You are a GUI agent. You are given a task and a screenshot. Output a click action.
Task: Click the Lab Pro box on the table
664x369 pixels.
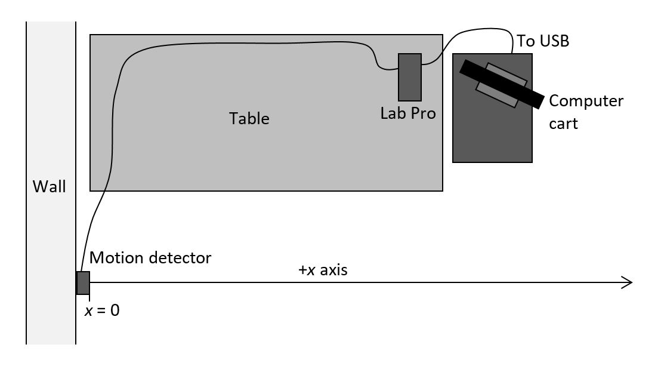pyautogui.click(x=410, y=77)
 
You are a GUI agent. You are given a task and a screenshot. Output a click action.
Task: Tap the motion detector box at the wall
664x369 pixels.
pyautogui.click(x=83, y=282)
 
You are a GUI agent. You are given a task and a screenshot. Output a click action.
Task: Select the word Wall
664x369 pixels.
pyautogui.click(x=50, y=187)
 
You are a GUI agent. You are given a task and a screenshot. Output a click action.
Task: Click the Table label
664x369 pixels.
pyautogui.click(x=249, y=118)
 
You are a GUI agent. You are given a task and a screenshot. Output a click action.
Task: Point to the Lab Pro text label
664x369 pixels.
pyautogui.click(x=408, y=113)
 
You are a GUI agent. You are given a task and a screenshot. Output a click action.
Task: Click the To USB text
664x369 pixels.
pyautogui.click(x=543, y=41)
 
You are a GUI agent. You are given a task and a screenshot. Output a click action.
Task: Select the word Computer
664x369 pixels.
pyautogui.click(x=586, y=101)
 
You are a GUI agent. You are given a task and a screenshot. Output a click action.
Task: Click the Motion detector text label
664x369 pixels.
pyautogui.click(x=150, y=258)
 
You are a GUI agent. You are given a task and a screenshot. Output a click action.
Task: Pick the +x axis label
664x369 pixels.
pyautogui.click(x=323, y=270)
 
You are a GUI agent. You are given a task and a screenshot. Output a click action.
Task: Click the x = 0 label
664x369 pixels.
pyautogui.click(x=101, y=310)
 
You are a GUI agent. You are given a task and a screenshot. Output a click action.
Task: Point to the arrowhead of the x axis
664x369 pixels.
pyautogui.click(x=628, y=282)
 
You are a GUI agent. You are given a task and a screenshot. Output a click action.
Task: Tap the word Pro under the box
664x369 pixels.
pyautogui.click(x=424, y=113)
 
